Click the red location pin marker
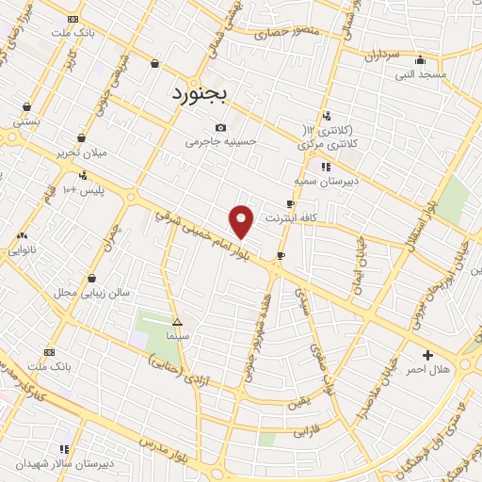[242, 221]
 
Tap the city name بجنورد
[208, 94]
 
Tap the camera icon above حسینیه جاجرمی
[220, 127]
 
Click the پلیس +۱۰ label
[83, 189]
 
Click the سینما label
[177, 335]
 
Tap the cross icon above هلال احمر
[428, 355]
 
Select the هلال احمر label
[428, 370]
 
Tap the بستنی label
[25, 121]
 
